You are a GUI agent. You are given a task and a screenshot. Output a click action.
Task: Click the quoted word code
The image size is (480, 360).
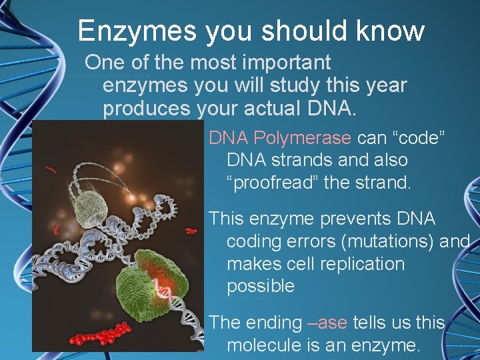417,138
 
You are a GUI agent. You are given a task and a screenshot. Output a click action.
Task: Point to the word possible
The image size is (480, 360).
260,287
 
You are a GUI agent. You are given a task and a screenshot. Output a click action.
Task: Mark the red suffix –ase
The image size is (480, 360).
327,323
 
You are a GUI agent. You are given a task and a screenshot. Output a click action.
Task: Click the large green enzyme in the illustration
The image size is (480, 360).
143,283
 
